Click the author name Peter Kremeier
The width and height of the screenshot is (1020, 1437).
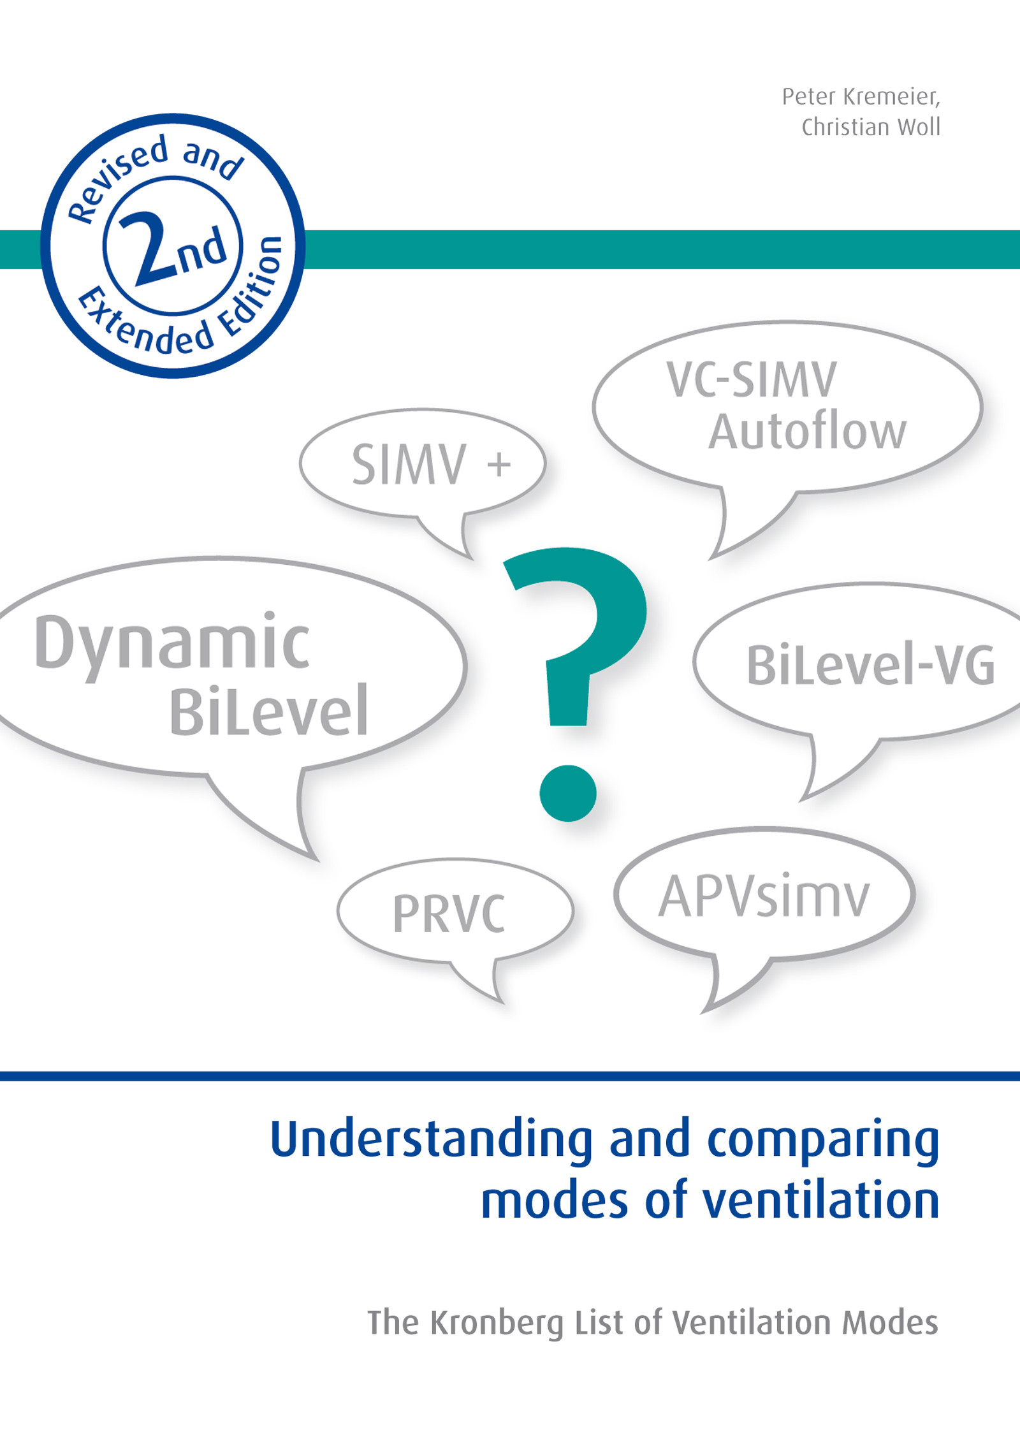click(x=861, y=97)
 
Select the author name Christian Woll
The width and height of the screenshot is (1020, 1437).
click(x=871, y=128)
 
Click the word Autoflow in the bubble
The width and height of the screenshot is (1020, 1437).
click(x=808, y=432)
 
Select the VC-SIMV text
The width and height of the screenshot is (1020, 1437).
click(x=752, y=380)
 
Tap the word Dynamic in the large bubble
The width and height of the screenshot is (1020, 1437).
click(x=172, y=644)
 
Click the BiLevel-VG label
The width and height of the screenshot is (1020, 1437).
click(x=870, y=666)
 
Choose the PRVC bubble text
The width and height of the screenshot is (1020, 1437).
click(x=449, y=914)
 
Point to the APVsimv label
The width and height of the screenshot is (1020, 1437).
click(x=764, y=897)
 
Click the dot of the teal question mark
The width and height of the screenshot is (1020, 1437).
click(x=567, y=793)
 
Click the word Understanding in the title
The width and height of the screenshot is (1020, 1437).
click(x=432, y=1139)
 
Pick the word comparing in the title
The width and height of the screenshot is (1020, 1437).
click(x=823, y=1139)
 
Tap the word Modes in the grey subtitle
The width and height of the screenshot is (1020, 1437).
click(x=890, y=1322)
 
